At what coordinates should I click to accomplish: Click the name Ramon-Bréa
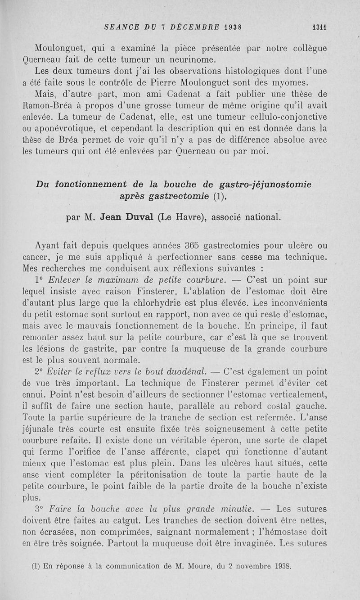[x=45, y=106]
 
